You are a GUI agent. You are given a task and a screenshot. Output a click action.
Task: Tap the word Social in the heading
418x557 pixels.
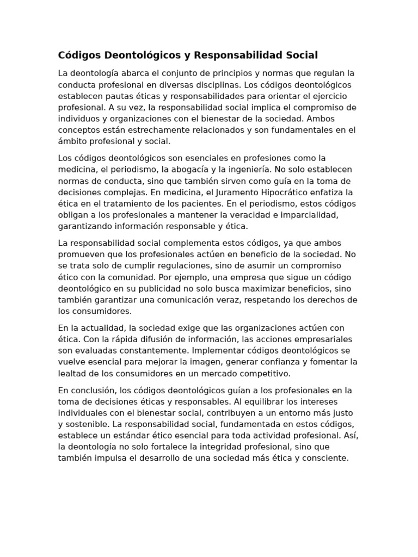(298, 55)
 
